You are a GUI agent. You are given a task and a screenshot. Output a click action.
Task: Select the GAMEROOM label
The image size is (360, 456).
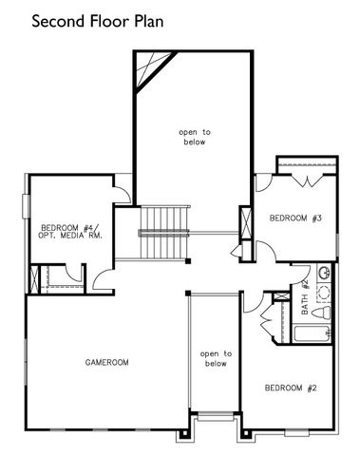point(106,362)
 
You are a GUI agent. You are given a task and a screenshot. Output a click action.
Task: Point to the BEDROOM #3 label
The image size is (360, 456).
point(295,218)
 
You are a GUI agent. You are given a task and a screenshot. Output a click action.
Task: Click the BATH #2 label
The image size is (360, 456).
point(306,297)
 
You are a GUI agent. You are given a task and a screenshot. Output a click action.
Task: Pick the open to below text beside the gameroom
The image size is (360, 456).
point(216,358)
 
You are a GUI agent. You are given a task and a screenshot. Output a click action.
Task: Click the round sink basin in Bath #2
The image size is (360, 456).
point(324,274)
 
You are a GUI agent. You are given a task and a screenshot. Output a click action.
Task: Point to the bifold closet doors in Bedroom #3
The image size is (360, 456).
point(307,171)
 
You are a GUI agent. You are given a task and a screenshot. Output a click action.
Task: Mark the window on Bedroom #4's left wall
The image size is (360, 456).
point(26,208)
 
